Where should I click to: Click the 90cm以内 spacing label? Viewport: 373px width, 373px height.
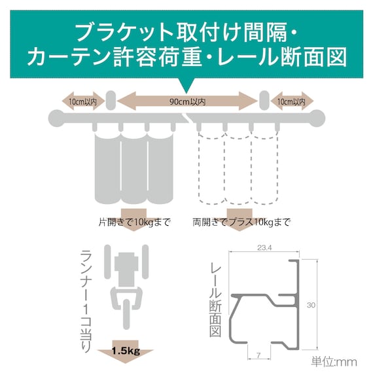[187, 101]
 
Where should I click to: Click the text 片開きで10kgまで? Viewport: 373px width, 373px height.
[133, 222]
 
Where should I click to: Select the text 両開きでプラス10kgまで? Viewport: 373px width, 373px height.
[241, 222]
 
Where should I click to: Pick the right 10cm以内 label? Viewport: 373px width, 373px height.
[291, 101]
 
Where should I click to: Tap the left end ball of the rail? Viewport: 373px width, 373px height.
[57, 118]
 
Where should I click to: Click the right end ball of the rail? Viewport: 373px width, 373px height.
[317, 118]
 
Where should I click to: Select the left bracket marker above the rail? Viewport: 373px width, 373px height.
[109, 101]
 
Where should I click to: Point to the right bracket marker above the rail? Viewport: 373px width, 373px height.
[264, 101]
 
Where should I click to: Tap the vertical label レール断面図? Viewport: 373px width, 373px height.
[217, 294]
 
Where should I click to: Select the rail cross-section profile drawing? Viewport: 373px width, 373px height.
[265, 301]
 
